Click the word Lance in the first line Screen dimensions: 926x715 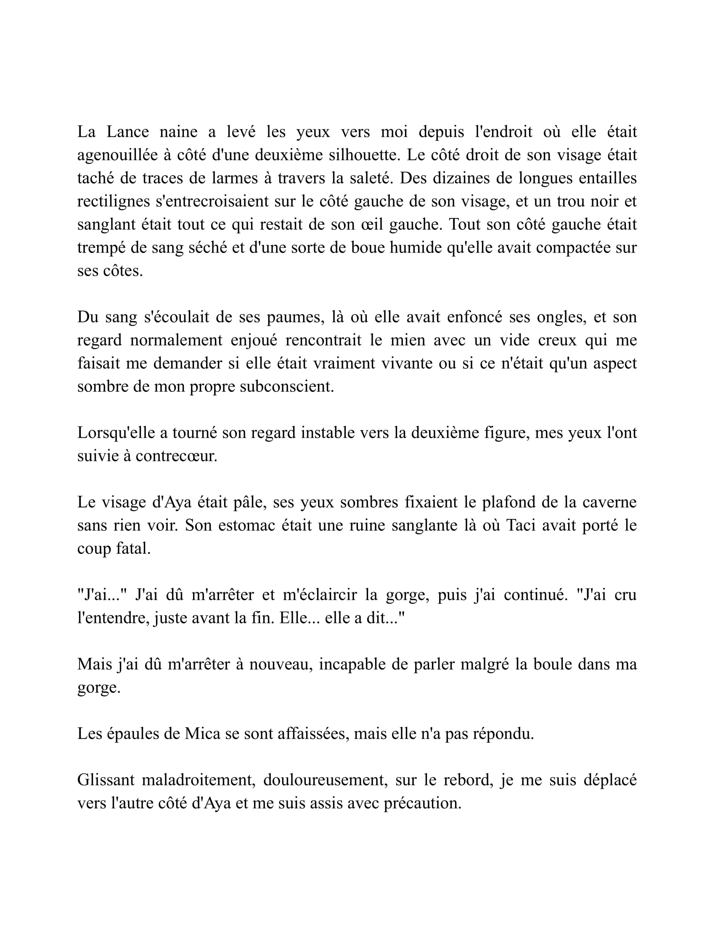pyautogui.click(x=127, y=132)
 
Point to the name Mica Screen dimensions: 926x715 pyautogui.click(x=202, y=734)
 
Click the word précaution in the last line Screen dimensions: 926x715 pyautogui.click(x=422, y=804)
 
